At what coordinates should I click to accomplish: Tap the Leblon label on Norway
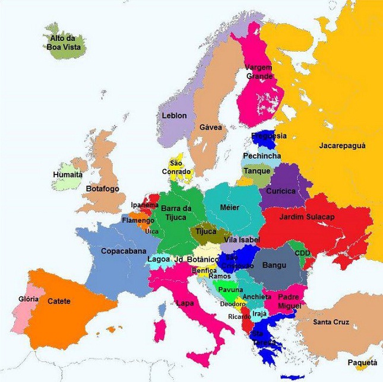coord(174,116)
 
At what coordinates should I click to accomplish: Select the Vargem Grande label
coord(259,72)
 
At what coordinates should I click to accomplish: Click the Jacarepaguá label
coord(342,145)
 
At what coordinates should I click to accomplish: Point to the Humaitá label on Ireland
coord(68,174)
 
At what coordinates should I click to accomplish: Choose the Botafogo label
coord(103,189)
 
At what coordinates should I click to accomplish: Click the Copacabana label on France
coord(123,252)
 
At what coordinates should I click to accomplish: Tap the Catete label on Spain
coord(59,301)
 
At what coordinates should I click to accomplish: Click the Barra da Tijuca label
coord(176,212)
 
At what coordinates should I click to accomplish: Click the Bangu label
coord(274,265)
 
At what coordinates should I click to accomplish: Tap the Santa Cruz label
coord(331,322)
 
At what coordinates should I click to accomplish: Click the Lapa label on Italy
coord(185,303)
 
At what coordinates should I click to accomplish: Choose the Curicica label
coord(280,191)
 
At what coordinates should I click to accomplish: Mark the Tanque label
coord(257,171)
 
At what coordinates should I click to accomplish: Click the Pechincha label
coord(262,156)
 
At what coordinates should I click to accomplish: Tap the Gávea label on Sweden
coord(211,128)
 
